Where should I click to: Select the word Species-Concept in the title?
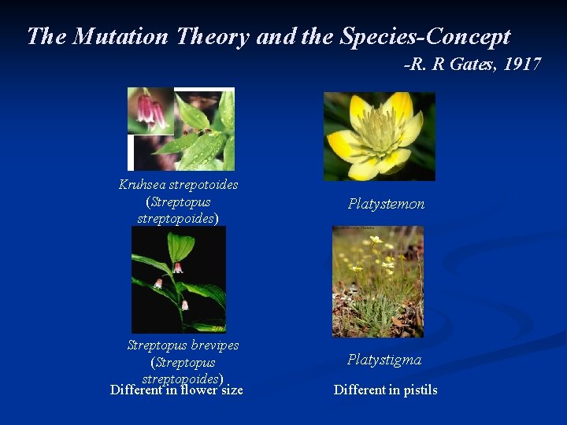425,36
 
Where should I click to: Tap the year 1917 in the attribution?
521,65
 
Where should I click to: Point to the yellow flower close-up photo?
379,136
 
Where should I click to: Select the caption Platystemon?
386,204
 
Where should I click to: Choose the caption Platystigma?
384,360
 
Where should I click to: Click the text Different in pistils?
385,390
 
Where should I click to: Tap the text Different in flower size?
176,390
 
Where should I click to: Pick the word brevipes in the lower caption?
213,346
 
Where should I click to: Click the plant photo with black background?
179,279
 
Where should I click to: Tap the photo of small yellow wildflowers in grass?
377,281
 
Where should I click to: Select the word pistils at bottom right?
421,390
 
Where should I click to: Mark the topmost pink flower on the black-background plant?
178,268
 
